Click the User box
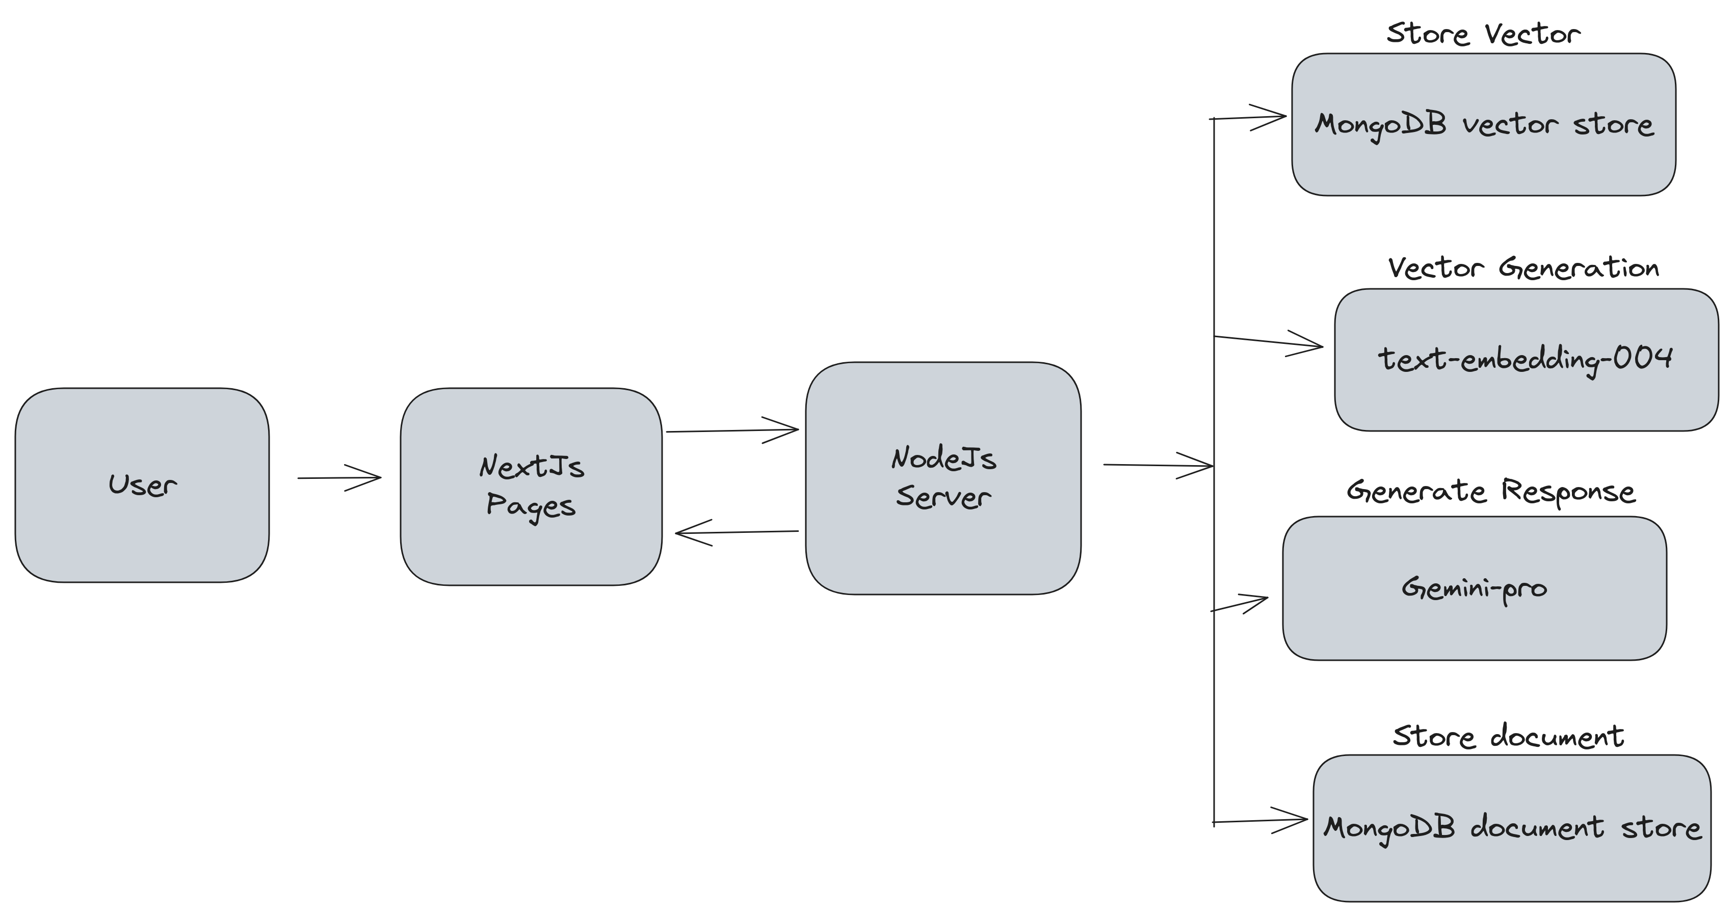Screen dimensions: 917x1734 (142, 484)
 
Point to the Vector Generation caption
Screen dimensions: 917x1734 (1523, 268)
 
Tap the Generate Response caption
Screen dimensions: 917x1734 (1490, 491)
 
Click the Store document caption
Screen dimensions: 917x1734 (1508, 736)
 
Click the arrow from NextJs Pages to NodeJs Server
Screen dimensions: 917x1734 (732, 430)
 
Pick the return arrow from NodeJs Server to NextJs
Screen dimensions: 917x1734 (737, 532)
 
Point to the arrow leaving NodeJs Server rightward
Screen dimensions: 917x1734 (1158, 465)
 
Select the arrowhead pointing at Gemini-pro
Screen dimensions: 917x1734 (1255, 600)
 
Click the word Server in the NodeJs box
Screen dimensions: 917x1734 (943, 497)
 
